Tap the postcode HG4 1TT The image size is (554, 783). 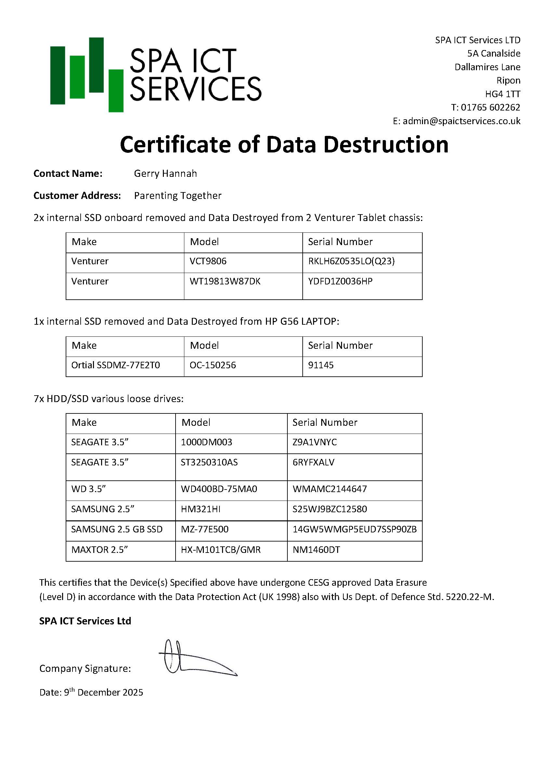[x=503, y=94]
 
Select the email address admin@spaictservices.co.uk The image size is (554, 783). [x=461, y=121]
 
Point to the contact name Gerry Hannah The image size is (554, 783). [x=165, y=174]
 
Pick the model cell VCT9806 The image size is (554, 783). [x=208, y=261]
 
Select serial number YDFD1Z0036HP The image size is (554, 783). [x=340, y=281]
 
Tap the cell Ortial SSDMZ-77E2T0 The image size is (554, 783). [x=115, y=365]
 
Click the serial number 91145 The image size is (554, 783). [x=321, y=365]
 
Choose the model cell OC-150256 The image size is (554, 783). [x=213, y=365]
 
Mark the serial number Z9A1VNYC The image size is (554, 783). [x=314, y=442]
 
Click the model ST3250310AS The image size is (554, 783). [x=209, y=463]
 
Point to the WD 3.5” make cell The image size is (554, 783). [x=88, y=489]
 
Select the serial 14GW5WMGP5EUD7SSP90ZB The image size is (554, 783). [x=354, y=529]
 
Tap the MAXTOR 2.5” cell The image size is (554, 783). [x=99, y=550]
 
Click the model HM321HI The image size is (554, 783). [x=201, y=509]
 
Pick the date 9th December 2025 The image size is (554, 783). [x=103, y=692]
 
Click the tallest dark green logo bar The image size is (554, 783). [x=96, y=65]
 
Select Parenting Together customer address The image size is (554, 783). [x=178, y=196]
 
